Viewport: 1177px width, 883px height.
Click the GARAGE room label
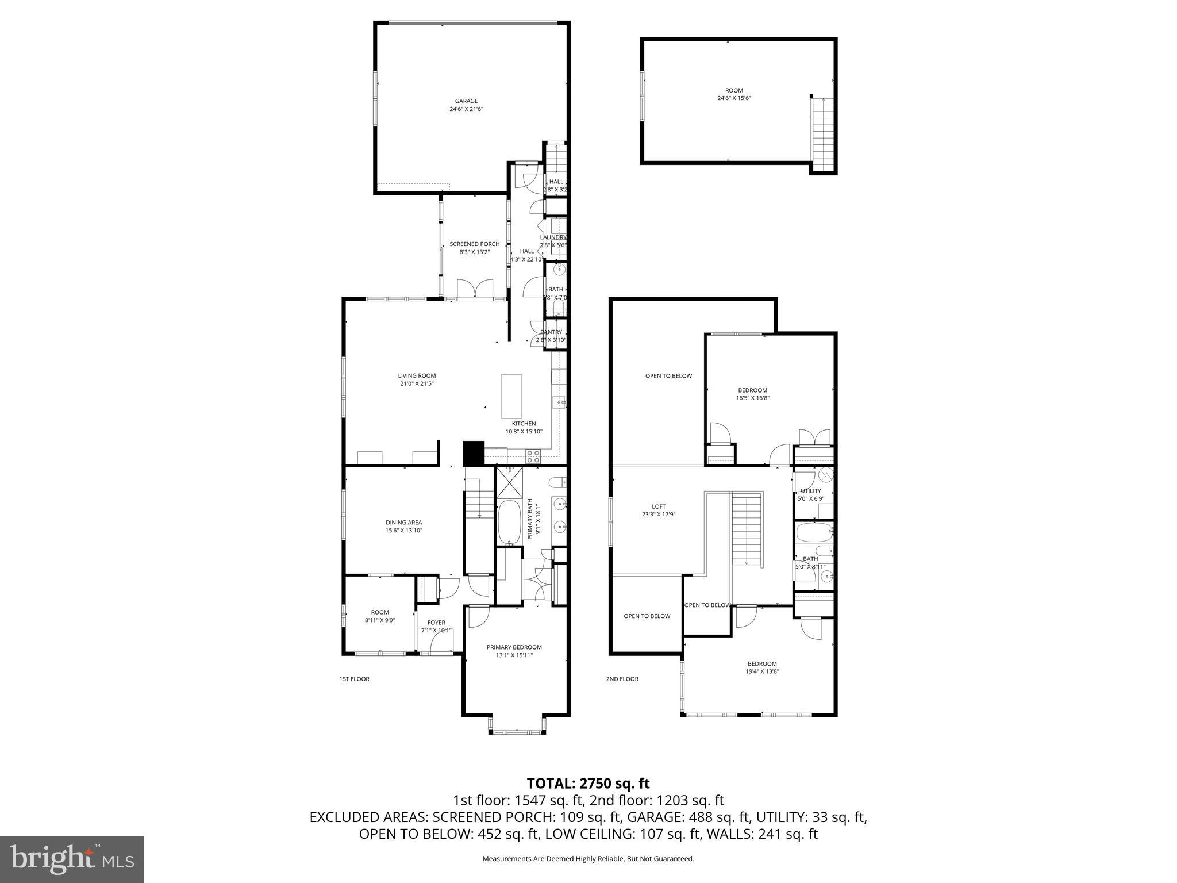466,101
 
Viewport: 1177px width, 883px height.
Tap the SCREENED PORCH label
474,244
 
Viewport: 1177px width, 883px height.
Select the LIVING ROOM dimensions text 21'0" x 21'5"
417,383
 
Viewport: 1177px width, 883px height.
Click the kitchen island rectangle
511,396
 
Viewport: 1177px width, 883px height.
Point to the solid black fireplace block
474,453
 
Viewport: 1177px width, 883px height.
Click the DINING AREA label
403,523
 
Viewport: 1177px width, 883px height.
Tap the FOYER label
436,623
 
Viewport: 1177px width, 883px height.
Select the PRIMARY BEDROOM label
514,647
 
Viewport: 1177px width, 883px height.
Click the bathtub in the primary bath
508,522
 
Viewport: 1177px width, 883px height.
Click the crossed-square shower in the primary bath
510,482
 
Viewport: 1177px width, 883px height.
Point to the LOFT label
659,506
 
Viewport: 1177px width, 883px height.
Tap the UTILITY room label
810,491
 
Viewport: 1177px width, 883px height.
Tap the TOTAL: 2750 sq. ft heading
588,783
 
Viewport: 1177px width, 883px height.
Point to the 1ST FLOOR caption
354,679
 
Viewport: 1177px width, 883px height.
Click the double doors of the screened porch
475,288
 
